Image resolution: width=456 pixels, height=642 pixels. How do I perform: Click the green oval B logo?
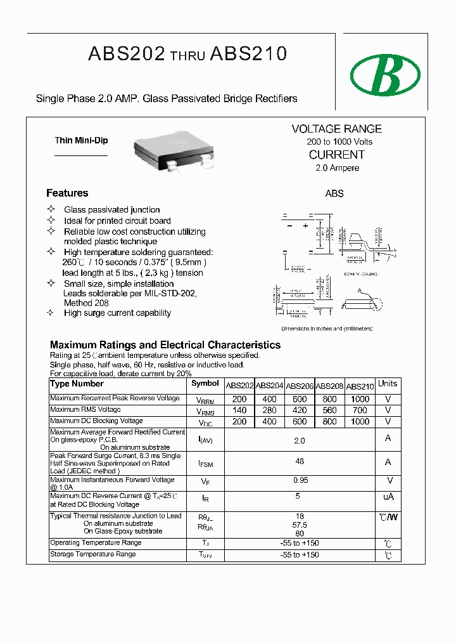click(386, 75)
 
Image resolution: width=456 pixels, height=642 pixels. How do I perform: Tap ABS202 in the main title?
click(127, 55)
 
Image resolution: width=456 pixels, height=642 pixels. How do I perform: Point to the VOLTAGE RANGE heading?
click(336, 129)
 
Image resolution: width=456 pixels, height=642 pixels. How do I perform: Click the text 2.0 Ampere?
click(337, 168)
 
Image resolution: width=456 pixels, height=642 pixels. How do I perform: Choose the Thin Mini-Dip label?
click(81, 141)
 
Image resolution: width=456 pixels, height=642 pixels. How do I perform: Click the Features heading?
click(67, 193)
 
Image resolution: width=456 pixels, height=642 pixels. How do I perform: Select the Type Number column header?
click(77, 384)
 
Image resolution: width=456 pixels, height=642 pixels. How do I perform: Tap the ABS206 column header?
click(300, 386)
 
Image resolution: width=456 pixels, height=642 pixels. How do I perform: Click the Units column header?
click(388, 384)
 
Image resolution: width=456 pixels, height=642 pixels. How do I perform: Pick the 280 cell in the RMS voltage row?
click(269, 410)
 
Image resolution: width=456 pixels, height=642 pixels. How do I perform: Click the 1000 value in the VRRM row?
click(359, 399)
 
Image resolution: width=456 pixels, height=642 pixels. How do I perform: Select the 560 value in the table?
click(329, 410)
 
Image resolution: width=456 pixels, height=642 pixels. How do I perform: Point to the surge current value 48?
click(300, 461)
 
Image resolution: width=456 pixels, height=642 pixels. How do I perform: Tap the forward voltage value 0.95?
click(300, 480)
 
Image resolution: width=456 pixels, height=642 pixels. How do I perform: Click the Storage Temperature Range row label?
click(93, 554)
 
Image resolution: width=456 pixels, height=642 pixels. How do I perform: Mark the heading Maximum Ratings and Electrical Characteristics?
click(165, 345)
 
